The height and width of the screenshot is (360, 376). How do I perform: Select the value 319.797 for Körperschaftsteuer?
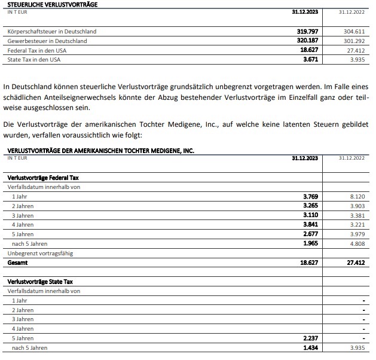point(308,31)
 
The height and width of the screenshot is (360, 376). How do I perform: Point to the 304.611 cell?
point(353,31)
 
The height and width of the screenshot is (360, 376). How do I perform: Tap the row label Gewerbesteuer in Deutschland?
point(47,41)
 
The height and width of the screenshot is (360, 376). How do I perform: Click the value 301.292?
point(353,41)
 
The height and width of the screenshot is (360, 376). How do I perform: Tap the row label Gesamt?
point(17,263)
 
